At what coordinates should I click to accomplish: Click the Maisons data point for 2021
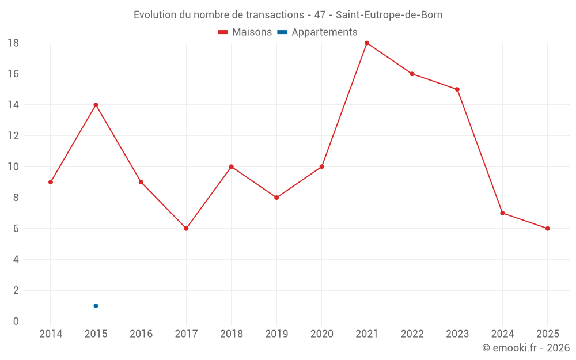click(367, 43)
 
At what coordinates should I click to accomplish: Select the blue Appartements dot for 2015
click(96, 306)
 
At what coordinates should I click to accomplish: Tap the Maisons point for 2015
click(96, 105)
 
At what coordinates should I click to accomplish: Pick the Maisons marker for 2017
click(186, 229)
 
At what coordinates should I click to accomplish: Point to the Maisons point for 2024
click(502, 213)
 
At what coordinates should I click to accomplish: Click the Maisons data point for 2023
click(457, 89)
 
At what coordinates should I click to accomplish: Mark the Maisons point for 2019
click(276, 198)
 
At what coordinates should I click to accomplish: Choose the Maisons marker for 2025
click(548, 229)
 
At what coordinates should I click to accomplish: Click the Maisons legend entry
click(245, 32)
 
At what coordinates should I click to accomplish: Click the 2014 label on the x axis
click(51, 334)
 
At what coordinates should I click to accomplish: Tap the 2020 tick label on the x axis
click(321, 334)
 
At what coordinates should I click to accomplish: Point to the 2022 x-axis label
click(412, 334)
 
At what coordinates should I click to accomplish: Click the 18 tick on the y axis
click(13, 43)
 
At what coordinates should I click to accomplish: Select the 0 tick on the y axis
click(16, 321)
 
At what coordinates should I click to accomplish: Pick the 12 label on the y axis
click(13, 136)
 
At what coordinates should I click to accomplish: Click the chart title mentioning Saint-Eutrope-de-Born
click(288, 15)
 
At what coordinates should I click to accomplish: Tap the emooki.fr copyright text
click(525, 348)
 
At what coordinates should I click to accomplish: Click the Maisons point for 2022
click(412, 74)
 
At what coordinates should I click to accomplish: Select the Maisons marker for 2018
click(231, 167)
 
